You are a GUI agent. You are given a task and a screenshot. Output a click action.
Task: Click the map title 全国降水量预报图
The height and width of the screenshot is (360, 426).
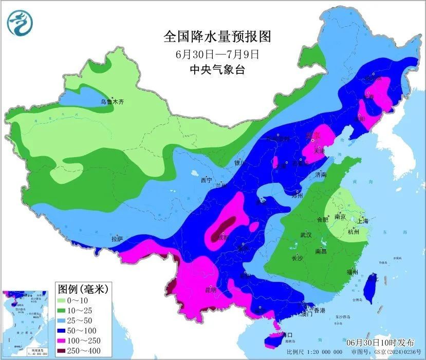coord(216,36)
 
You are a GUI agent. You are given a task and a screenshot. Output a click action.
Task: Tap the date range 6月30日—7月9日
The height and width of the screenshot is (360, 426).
coord(216,53)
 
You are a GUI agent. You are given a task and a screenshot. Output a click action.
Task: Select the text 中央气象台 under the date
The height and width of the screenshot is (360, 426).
coord(216,69)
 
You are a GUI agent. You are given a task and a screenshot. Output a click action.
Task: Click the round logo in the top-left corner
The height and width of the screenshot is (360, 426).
coord(20,24)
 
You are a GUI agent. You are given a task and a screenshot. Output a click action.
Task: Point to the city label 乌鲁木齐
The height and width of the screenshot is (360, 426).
coord(112,102)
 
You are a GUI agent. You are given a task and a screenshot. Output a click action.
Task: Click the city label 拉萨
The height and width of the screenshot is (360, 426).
coord(117,239)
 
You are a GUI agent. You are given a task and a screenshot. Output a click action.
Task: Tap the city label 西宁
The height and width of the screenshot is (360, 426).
coord(206,180)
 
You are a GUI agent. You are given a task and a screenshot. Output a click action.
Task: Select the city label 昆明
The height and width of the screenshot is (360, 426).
coord(210,290)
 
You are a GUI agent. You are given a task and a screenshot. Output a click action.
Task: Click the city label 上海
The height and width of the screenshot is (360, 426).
coord(362,221)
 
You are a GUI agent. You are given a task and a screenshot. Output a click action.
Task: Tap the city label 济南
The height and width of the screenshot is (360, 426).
coord(321,175)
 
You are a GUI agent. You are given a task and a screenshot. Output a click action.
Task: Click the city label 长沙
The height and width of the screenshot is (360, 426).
coord(297,258)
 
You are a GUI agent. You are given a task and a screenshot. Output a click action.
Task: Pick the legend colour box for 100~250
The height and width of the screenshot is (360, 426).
coord(65,340)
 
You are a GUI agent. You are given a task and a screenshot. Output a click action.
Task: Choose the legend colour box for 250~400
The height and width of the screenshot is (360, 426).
coord(65,351)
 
